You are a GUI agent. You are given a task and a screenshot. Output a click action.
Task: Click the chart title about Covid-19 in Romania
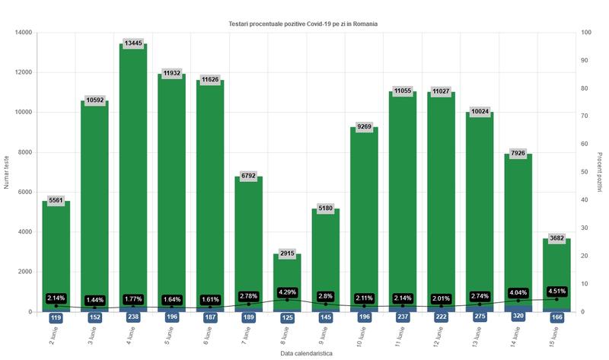[303, 24]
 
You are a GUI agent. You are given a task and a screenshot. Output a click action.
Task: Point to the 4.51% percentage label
[556, 290]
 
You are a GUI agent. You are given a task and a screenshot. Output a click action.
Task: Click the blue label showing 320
[518, 317]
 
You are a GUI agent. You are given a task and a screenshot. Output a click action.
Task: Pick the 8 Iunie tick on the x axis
[284, 333]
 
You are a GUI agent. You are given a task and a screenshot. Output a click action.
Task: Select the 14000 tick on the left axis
[24, 33]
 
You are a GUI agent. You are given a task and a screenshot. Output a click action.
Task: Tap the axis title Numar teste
[7, 172]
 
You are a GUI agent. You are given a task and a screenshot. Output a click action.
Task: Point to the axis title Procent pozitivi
[599, 172]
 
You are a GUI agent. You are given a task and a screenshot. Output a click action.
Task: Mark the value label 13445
[133, 43]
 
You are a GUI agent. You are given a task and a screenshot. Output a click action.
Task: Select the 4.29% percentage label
[287, 292]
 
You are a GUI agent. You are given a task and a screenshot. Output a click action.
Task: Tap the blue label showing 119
[56, 317]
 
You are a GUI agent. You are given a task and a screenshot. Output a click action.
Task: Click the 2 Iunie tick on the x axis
[53, 333]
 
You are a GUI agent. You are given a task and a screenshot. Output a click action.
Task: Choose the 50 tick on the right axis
[584, 172]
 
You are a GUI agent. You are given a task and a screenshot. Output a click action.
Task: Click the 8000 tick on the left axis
[26, 152]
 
